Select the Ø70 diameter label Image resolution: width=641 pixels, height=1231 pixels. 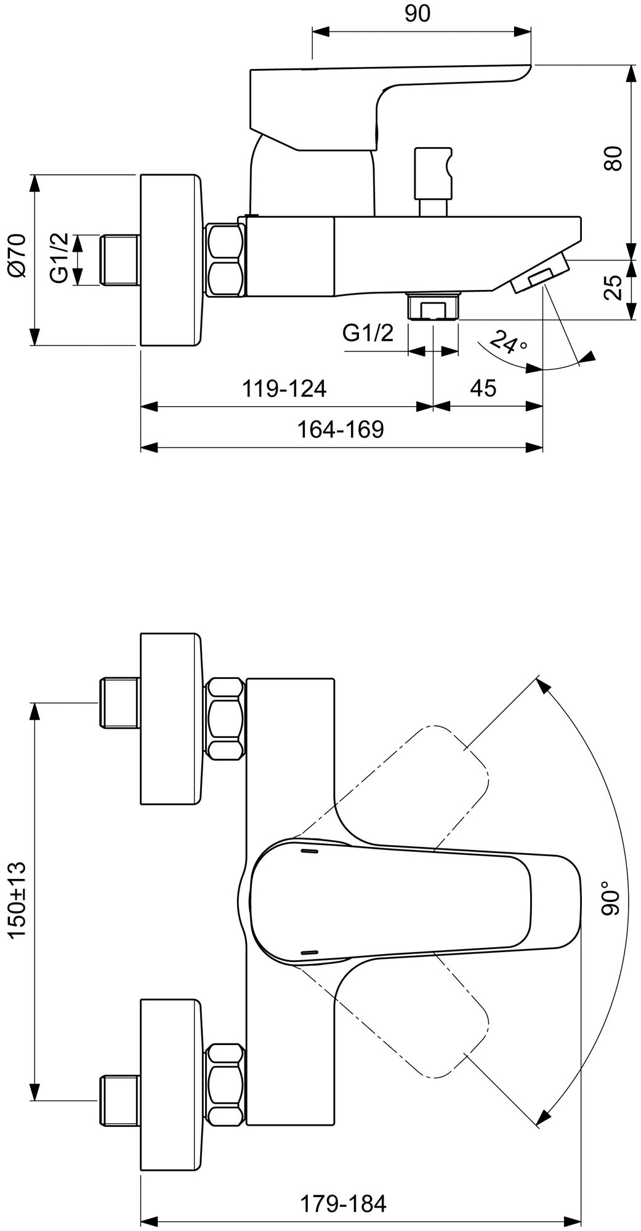[17, 255]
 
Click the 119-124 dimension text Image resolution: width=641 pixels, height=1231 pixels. [284, 388]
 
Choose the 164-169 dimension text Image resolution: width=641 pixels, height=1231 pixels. [341, 429]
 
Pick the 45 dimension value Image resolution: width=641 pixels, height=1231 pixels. [483, 388]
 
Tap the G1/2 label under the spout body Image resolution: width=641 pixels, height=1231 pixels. [368, 333]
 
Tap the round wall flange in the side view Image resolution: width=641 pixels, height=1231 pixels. [171, 260]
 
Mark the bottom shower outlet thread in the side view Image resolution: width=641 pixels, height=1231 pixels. [433, 307]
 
